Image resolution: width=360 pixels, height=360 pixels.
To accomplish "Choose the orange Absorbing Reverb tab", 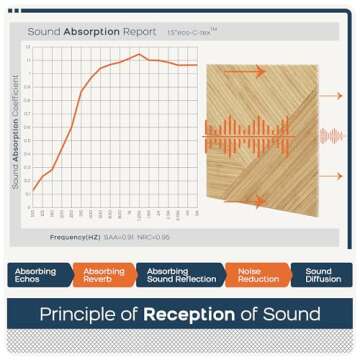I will click(104, 275).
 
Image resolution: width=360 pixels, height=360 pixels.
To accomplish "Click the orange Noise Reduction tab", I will click(252, 275).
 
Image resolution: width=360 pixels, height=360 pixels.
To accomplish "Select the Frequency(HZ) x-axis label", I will click(74, 236).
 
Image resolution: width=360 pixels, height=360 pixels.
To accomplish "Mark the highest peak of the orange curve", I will click(139, 54).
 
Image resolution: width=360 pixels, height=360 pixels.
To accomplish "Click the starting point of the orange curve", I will click(33, 190).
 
